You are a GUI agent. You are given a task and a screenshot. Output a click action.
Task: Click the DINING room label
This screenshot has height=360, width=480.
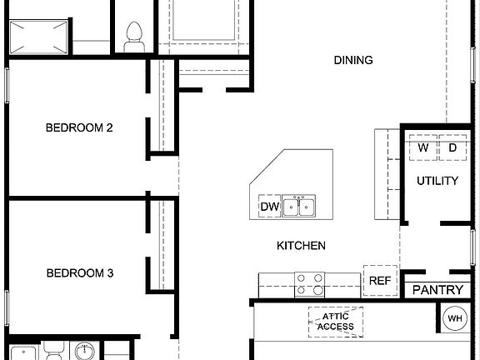[352, 60]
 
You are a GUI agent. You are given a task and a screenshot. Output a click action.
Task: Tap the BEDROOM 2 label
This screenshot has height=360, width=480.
[79, 127]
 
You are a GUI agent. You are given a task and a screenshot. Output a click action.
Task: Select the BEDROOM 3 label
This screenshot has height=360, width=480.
[79, 272]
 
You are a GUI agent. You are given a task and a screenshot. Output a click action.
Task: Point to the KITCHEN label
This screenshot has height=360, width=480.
[301, 246]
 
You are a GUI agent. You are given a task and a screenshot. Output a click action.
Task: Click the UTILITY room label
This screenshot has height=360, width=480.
[437, 181]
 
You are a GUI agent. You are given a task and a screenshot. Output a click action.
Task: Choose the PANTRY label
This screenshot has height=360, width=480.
[437, 290]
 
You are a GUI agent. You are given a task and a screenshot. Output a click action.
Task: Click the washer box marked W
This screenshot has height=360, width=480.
[423, 147]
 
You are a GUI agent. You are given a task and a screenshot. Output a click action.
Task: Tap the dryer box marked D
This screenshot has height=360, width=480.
[452, 147]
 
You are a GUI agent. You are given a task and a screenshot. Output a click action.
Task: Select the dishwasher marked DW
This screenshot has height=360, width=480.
[269, 207]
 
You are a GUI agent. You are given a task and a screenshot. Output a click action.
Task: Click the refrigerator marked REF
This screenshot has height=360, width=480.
[380, 281]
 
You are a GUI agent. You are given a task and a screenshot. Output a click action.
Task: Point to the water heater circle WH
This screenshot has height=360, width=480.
[455, 317]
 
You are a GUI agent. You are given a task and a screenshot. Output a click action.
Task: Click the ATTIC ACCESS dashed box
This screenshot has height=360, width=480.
[336, 320]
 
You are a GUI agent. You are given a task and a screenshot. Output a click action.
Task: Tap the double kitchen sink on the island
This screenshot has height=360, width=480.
[298, 205]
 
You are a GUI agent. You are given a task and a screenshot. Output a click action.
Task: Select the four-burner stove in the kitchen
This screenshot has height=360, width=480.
[310, 284]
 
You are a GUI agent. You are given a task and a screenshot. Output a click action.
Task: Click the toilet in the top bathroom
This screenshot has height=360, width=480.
[132, 33]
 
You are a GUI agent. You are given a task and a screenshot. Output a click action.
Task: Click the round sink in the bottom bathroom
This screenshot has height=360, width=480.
[83, 352]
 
